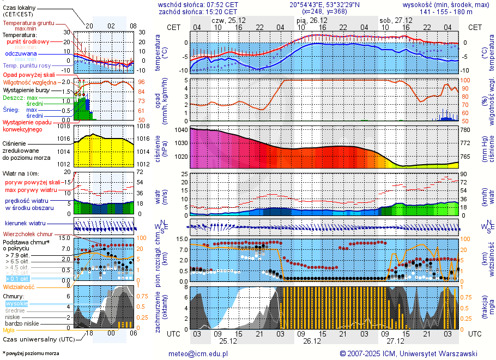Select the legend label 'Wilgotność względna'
click(x=30, y=82)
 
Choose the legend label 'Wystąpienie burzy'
click(x=26, y=89)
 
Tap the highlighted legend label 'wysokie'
click(x=16, y=303)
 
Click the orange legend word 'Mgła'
click(x=9, y=330)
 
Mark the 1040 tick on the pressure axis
click(x=181, y=130)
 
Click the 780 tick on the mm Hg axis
click(x=465, y=130)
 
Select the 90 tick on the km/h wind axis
click(x=463, y=175)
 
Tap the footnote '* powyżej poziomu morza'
click(x=31, y=353)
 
